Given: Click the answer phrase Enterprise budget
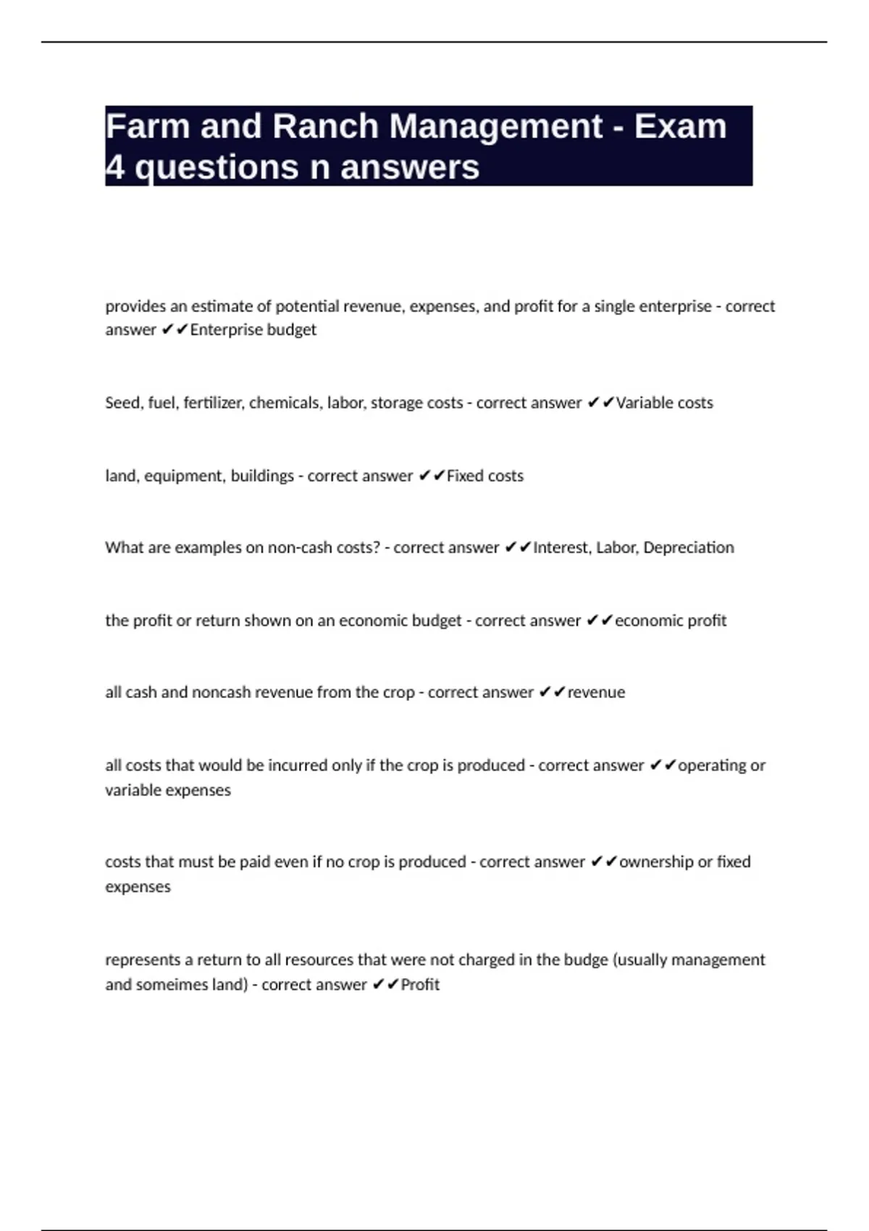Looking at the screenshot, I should (x=253, y=330).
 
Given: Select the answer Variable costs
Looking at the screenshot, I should (x=664, y=403).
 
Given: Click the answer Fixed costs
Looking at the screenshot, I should (x=484, y=476).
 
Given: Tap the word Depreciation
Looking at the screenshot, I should (x=688, y=548).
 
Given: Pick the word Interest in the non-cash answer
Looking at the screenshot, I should (x=561, y=548).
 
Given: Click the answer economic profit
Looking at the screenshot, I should (x=671, y=621).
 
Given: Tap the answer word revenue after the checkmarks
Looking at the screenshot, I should (x=596, y=693).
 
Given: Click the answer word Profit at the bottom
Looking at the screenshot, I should (x=420, y=985).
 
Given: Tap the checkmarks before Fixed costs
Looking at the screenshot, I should (x=432, y=476).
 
